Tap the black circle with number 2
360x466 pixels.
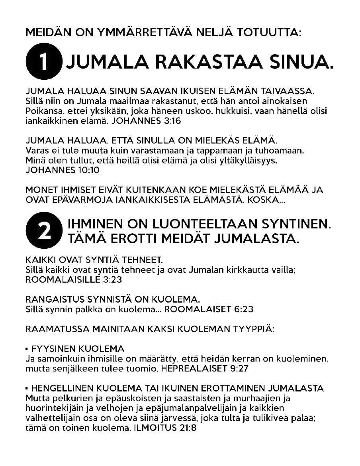pos(44,230)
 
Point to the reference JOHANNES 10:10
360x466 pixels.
pos(62,170)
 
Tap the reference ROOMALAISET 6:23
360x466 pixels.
pos(209,309)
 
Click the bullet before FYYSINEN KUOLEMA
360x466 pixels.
pos(27,349)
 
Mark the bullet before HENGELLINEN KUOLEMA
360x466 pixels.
pos(27,388)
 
